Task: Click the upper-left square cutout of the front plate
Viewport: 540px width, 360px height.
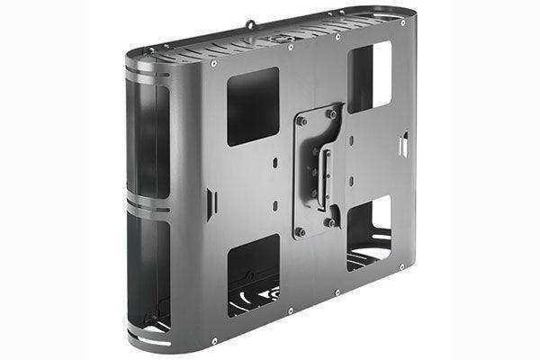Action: coord(253,107)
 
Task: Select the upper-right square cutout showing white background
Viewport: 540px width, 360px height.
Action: coord(369,77)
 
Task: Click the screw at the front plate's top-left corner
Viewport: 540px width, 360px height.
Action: coord(212,64)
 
